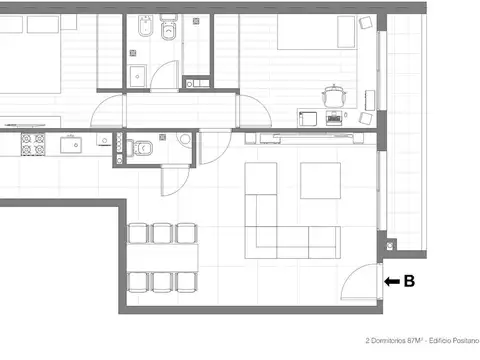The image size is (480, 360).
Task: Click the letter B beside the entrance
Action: coord(408,282)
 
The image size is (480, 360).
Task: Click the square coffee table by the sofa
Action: coord(320,180)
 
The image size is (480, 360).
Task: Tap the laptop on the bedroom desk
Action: coord(334,118)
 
